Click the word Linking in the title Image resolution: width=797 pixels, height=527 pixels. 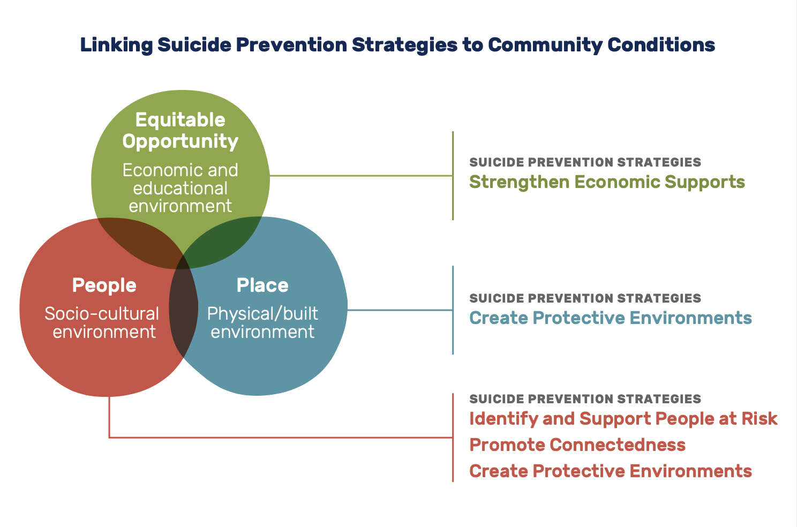coord(117,46)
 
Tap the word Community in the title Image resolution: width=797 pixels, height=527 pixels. coord(544,46)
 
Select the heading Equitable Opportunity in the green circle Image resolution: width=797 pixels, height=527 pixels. coord(181,131)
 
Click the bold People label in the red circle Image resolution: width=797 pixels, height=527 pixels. coord(104,285)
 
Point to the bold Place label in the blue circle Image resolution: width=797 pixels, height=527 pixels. coord(262,285)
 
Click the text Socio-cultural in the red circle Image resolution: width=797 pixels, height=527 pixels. coord(102,313)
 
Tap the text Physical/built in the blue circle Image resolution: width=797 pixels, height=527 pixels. coord(262,313)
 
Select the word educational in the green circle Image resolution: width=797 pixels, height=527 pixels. coord(181,188)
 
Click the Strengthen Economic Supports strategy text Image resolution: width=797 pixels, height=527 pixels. coord(607,182)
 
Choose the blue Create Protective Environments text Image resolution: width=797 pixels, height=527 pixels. coord(611,318)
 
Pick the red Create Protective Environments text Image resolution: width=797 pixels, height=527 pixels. coord(611,471)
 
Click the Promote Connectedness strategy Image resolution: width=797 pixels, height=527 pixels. coord(577,445)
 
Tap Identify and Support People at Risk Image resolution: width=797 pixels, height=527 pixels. coord(623,419)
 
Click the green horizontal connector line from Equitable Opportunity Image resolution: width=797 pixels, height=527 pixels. coord(361,176)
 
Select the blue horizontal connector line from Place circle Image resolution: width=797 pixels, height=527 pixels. coord(400,310)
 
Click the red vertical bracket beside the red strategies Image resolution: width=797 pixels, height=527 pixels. coord(453,438)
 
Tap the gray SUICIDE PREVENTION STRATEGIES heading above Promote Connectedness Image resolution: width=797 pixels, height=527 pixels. coord(585,399)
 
